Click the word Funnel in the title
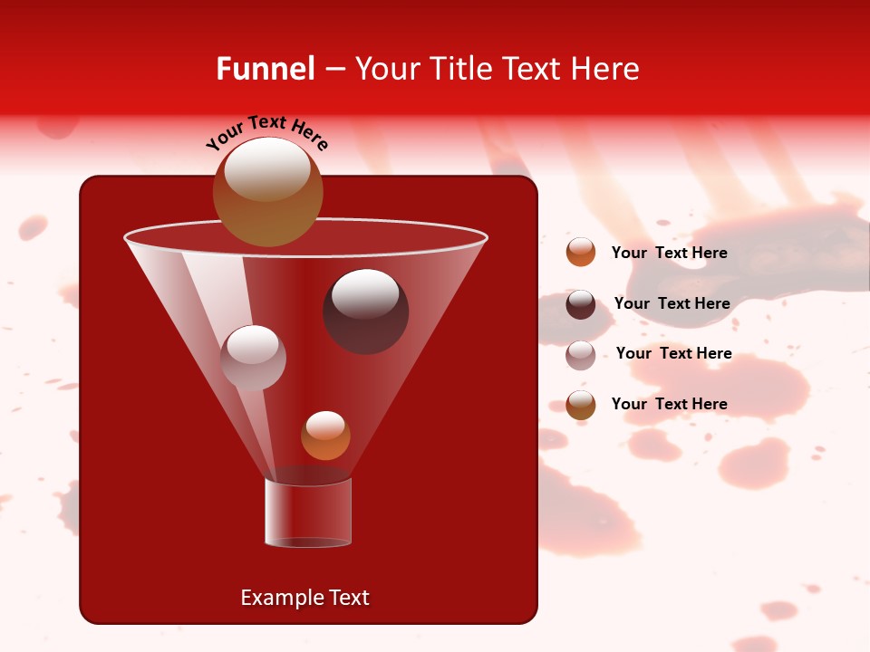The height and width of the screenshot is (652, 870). (265, 69)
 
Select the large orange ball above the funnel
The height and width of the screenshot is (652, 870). (268, 192)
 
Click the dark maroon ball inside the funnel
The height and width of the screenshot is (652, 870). (366, 312)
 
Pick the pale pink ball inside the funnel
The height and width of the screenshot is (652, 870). (253, 358)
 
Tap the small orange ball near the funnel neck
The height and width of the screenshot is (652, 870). (325, 436)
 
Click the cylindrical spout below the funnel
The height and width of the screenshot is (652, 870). (308, 513)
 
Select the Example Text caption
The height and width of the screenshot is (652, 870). (304, 598)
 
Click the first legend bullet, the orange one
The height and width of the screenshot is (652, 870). (581, 253)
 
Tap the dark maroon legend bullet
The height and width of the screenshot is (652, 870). (581, 304)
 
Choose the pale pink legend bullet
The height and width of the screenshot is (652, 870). (581, 354)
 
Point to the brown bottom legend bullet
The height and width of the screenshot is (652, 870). (581, 405)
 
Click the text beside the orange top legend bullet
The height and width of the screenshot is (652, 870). (669, 253)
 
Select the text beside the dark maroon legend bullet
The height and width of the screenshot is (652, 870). (672, 303)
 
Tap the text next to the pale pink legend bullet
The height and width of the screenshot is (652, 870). (673, 353)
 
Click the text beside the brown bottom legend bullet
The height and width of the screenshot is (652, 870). (669, 404)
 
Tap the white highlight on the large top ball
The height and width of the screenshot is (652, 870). (266, 169)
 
